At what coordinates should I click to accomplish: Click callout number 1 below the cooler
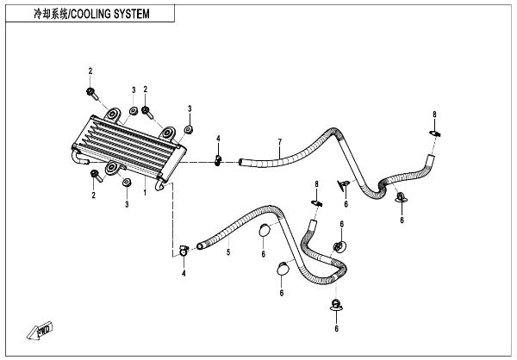(x=146, y=194)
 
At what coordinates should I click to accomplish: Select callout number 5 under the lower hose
(x=228, y=253)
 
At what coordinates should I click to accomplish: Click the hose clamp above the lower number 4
(x=184, y=251)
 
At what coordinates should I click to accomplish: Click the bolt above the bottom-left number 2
(x=94, y=175)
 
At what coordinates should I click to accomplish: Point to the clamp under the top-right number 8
(x=435, y=133)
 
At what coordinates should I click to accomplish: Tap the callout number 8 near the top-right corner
(x=434, y=115)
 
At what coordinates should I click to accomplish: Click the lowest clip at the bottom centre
(x=336, y=305)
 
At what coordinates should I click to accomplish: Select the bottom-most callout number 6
(x=336, y=328)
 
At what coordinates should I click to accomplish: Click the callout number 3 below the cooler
(x=126, y=203)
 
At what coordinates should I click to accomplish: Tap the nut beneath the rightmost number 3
(x=187, y=131)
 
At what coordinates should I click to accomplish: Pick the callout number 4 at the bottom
(x=184, y=273)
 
